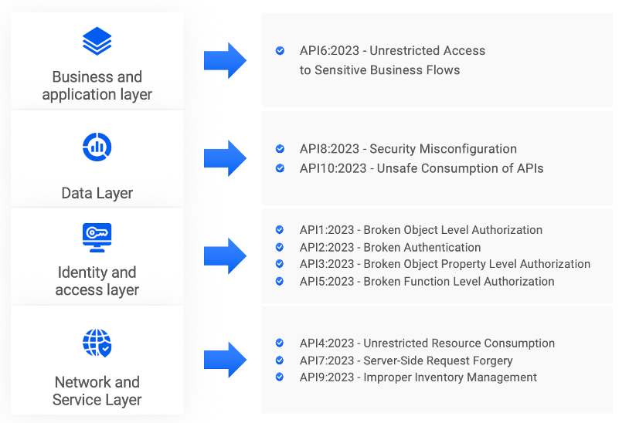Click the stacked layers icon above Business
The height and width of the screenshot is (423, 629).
pos(97,41)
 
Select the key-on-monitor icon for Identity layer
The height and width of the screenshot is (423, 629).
pos(97,237)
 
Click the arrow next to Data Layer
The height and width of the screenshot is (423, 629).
pos(225,157)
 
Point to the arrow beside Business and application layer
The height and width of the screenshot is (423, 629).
pos(225,60)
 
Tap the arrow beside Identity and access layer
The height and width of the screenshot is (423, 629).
pos(225,255)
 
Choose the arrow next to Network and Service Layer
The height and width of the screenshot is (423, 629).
pos(225,360)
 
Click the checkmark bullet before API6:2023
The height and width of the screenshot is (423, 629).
pos(280,51)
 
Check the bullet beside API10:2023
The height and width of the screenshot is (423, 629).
pos(280,168)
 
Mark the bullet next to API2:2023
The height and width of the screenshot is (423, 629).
pos(280,248)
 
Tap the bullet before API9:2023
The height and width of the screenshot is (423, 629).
pos(280,377)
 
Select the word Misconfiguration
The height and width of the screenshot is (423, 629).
pos(472,149)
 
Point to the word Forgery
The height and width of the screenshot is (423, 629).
pos(492,360)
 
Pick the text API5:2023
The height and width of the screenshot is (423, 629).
pos(327,282)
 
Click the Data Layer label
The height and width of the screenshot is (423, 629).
pos(97,193)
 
